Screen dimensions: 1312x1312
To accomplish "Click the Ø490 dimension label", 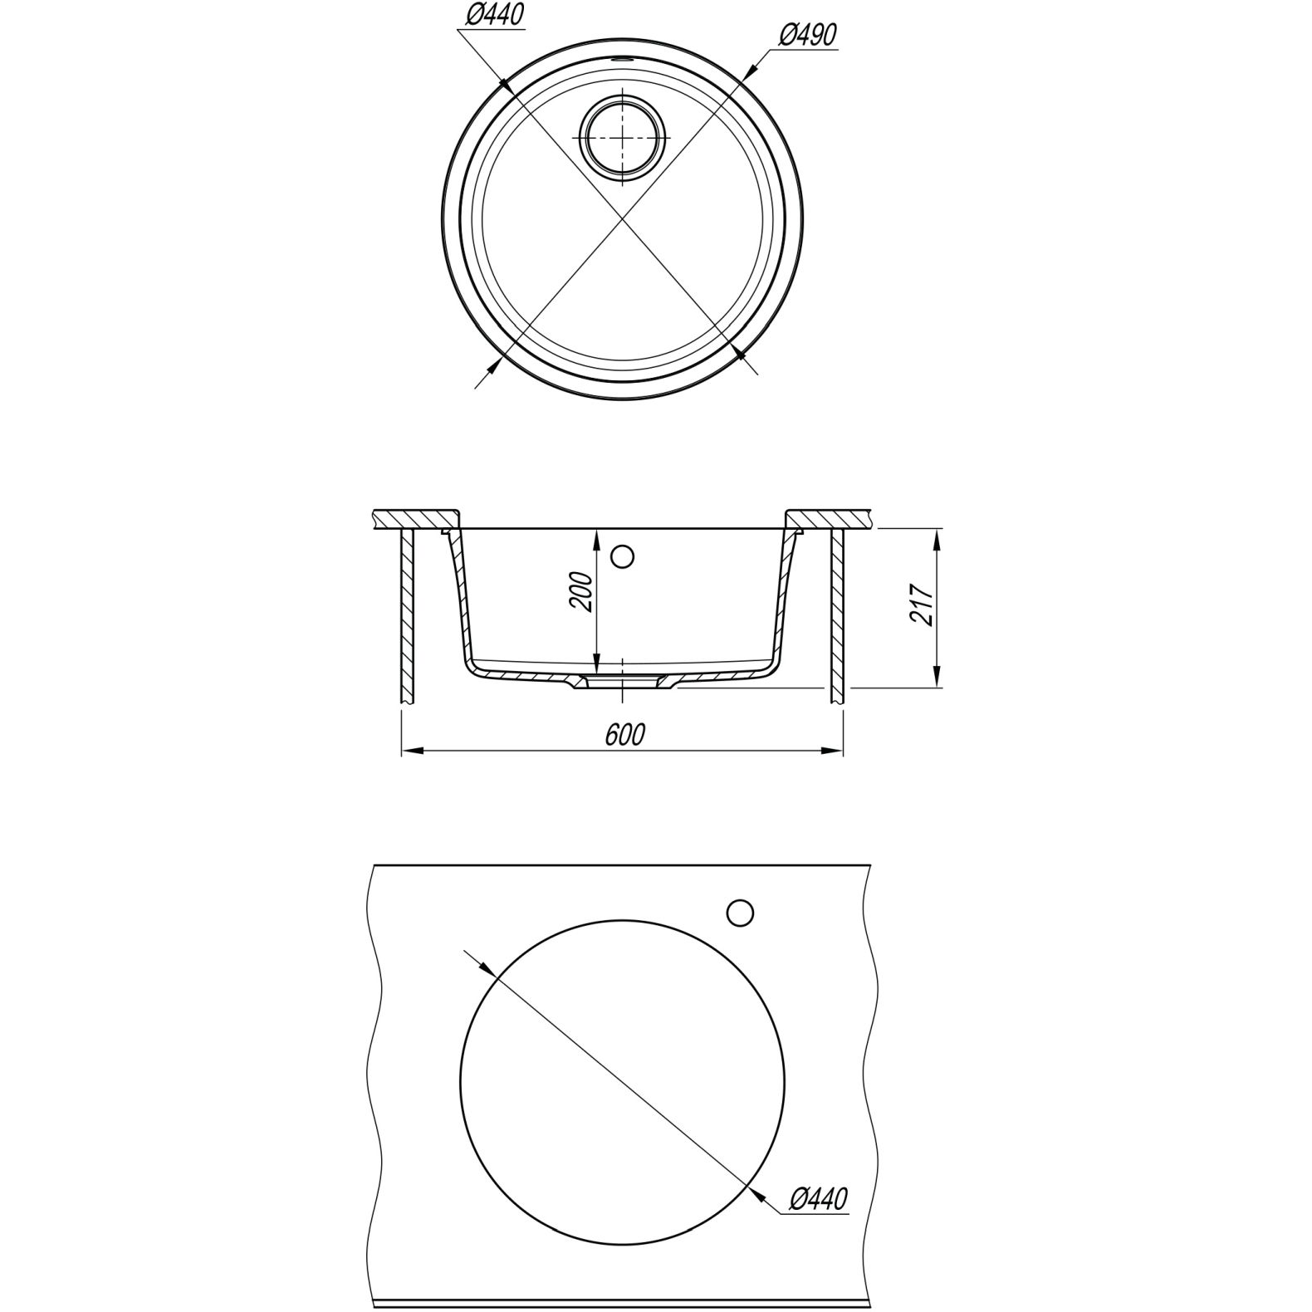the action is point(807,34).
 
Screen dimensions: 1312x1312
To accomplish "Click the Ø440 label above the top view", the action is point(496,14).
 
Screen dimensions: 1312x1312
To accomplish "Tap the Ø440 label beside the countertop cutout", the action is point(819,1198).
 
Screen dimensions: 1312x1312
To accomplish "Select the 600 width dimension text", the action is point(624,735).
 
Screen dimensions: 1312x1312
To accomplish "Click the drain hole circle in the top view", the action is point(622,136).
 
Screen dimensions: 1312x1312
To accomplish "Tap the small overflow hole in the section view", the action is point(622,556).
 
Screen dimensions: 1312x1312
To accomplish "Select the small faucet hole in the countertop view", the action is point(739,913).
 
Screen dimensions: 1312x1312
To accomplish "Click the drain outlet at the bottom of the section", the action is point(622,681).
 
